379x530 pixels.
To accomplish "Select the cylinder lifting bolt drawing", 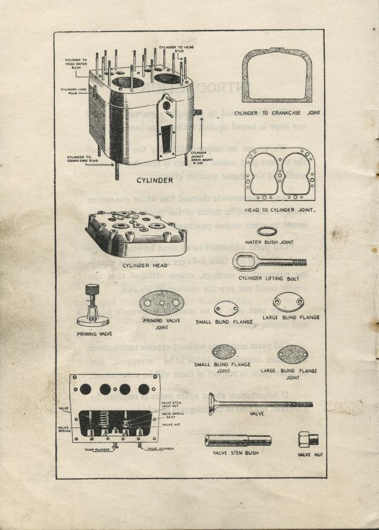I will click(268, 261).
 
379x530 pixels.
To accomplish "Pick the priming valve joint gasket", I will click(161, 303).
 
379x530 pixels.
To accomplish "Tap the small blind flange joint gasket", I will click(224, 352).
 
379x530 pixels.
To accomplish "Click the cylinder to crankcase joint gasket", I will click(277, 76).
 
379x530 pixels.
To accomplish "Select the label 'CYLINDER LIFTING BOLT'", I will click(270, 278).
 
